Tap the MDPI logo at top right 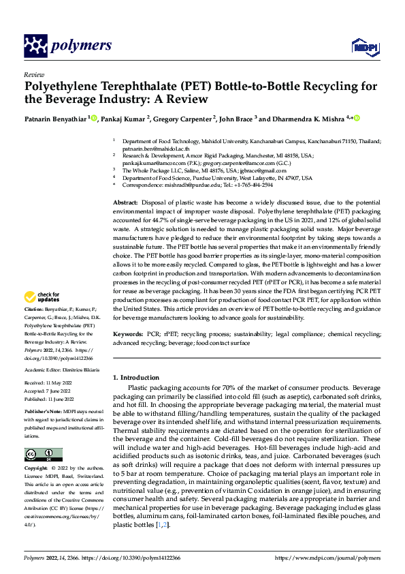(x=364, y=46)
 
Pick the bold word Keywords (x=128, y=335)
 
